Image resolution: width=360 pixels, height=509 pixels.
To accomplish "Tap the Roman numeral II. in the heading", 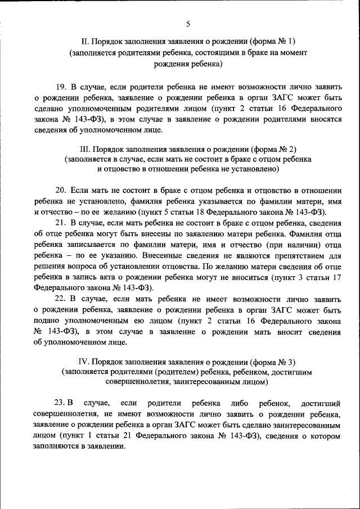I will click(x=85, y=42).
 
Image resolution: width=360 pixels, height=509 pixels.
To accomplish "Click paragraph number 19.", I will click(x=61, y=87).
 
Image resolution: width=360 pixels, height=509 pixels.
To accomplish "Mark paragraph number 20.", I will click(x=61, y=190).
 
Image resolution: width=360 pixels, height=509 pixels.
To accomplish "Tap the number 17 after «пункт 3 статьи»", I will click(x=336, y=278).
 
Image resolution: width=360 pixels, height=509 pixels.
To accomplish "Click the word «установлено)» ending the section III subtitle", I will click(x=255, y=169).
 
